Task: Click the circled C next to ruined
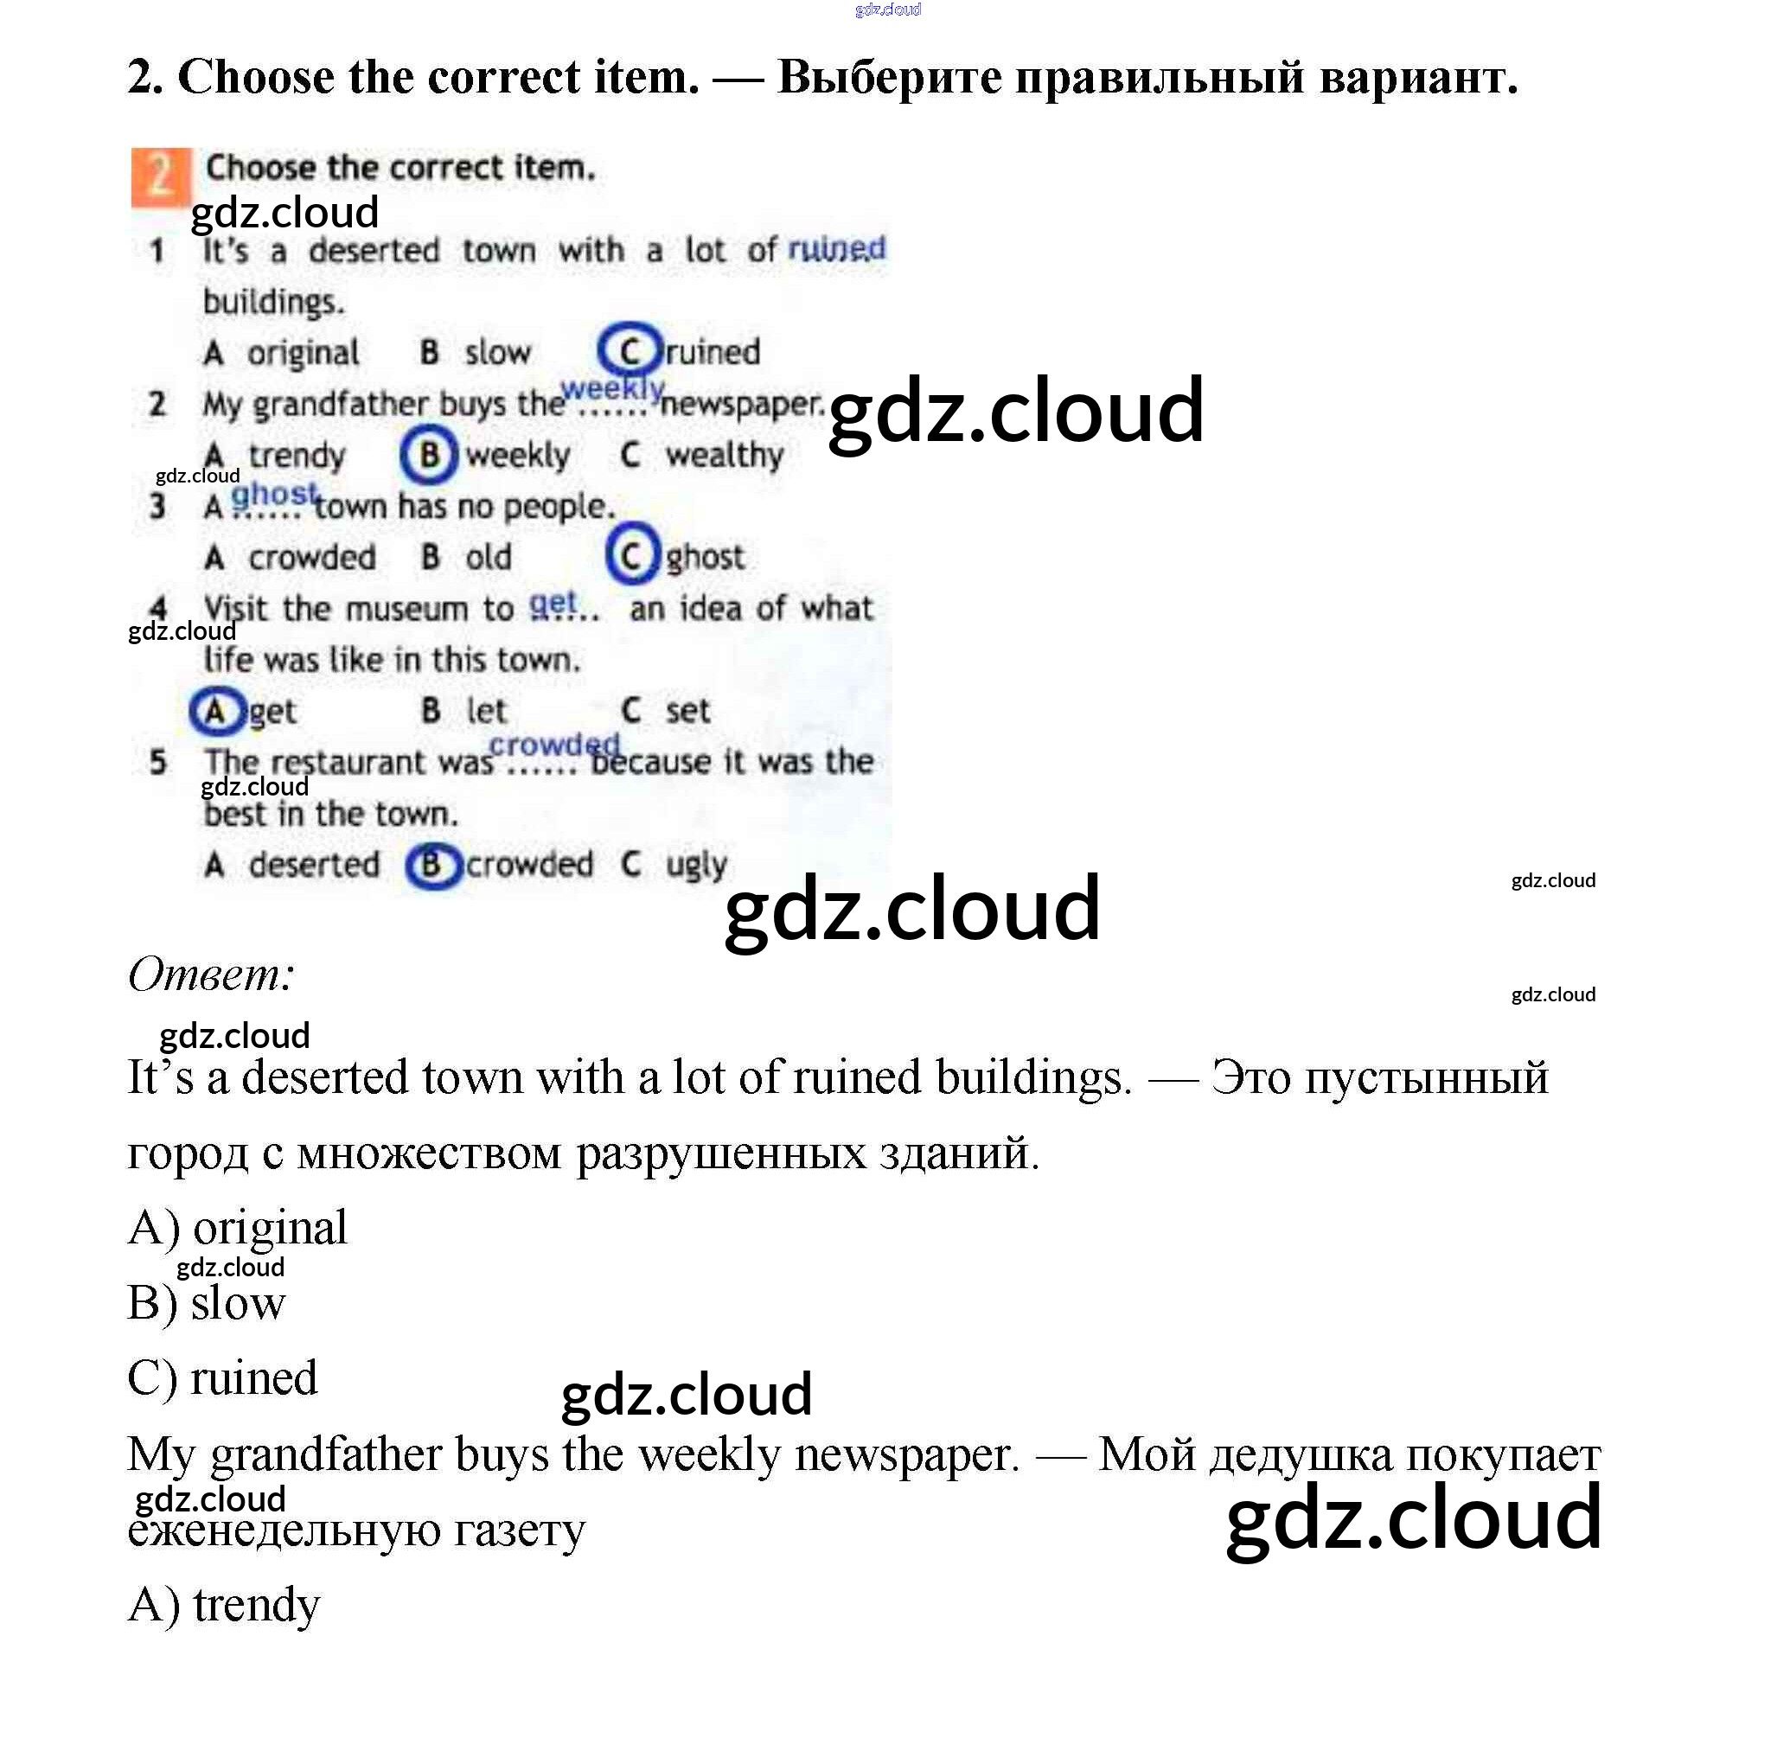[x=630, y=350]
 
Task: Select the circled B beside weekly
[x=429, y=454]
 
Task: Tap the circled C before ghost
[x=632, y=554]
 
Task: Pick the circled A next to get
[x=216, y=711]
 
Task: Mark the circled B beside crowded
[x=432, y=866]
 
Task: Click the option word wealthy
[x=724, y=455]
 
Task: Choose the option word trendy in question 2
[x=296, y=455]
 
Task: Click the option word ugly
[x=696, y=866]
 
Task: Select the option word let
[x=486, y=711]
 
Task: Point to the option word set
[x=687, y=711]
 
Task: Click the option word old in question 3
[x=489, y=558]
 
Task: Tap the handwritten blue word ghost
[x=274, y=495]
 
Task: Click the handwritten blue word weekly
[x=612, y=389]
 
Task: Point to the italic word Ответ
[x=211, y=975]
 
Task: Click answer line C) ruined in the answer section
[x=222, y=1378]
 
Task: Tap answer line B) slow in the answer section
[x=207, y=1303]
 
